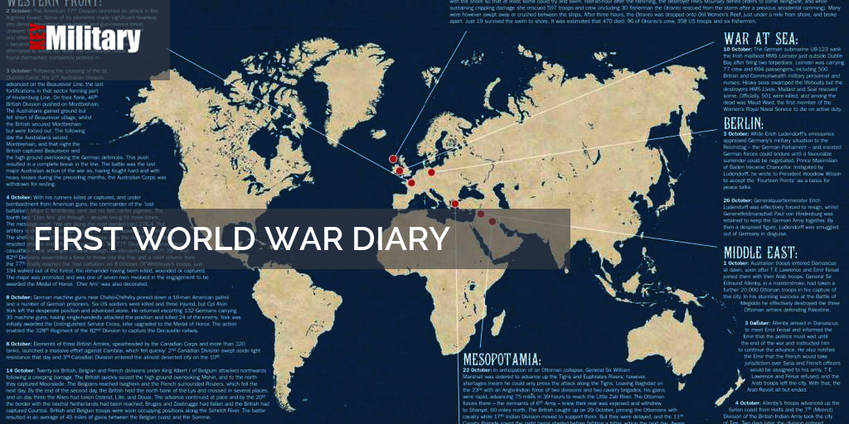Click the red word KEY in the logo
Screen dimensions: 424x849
click(x=37, y=39)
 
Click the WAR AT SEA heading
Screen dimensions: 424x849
click(x=759, y=39)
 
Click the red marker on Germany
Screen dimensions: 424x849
click(x=431, y=172)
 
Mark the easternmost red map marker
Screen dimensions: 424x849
click(x=492, y=221)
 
